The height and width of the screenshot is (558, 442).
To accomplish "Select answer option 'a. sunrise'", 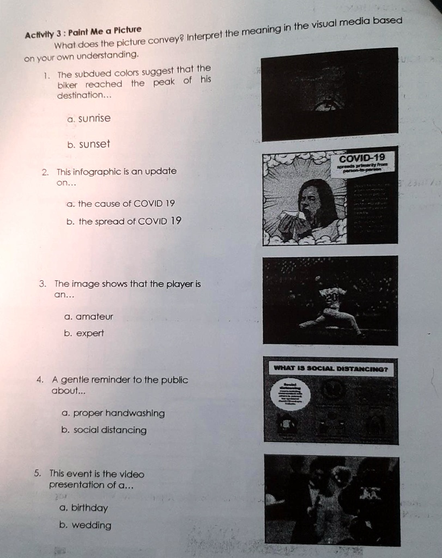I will pyautogui.click(x=89, y=119).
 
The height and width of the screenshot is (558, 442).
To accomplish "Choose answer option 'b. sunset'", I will pyautogui.click(x=88, y=144).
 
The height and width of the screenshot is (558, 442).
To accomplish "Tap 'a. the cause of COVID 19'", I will pyautogui.click(x=120, y=204).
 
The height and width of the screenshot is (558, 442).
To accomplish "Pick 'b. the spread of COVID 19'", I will pyautogui.click(x=124, y=221).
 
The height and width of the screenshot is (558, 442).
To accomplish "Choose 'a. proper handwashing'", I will pyautogui.click(x=113, y=413).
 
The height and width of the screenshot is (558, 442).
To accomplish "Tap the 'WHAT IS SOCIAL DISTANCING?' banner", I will pyautogui.click(x=330, y=369).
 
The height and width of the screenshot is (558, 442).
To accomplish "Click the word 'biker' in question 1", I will pyautogui.click(x=68, y=84).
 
